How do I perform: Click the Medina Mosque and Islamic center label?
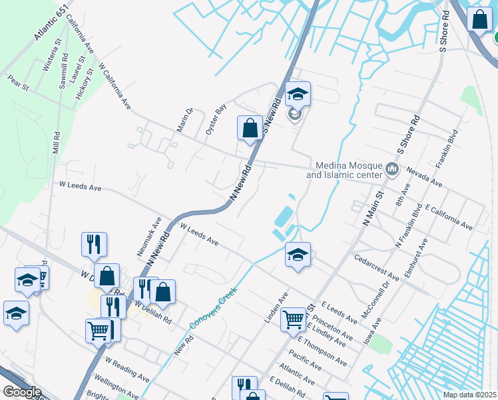coord(344,171)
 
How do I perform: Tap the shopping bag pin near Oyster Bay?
coord(250,127)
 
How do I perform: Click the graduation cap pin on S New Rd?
coord(298,94)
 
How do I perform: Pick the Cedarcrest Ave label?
coord(377,266)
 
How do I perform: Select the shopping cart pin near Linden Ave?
coord(293,320)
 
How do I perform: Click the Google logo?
coord(22,392)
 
